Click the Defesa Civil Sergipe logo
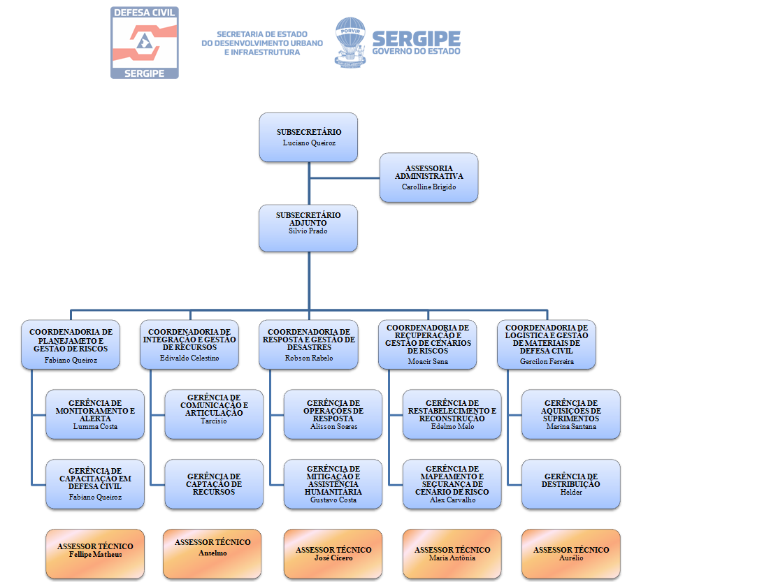point(145,43)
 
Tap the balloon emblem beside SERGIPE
point(350,42)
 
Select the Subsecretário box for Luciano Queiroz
point(308,137)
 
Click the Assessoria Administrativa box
point(428,177)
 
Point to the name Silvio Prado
point(308,231)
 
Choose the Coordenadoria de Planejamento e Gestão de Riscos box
point(71,344)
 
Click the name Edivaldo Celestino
point(189,358)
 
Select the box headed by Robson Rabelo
point(308,344)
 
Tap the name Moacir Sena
point(427,362)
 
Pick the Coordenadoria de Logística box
point(546,344)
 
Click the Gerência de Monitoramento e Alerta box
point(95,414)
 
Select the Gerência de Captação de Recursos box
point(214,483)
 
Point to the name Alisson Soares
point(333,426)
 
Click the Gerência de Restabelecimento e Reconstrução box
point(452,414)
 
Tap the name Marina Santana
point(571,426)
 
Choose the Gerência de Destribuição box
point(570,483)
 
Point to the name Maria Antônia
point(452,558)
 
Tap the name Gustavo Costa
point(333,500)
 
